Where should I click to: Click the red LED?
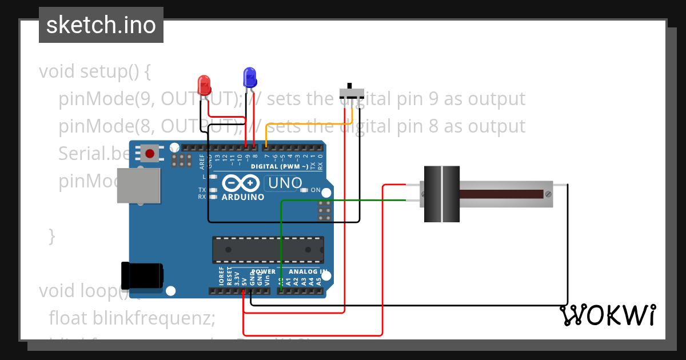[204, 85]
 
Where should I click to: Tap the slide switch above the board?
[351, 93]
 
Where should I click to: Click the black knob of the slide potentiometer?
[441, 194]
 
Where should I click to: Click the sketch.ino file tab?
[101, 25]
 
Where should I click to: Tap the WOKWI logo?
[607, 315]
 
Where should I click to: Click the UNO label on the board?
[285, 183]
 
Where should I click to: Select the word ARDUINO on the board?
[243, 197]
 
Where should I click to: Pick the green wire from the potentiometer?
[343, 200]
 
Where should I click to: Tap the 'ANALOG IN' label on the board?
[308, 272]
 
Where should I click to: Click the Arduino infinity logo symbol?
[241, 183]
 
